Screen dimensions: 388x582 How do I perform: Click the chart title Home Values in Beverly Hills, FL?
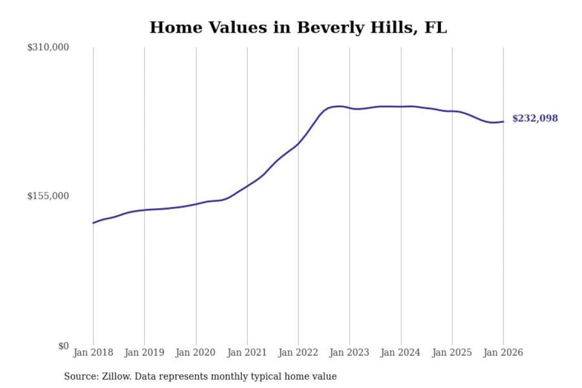point(298,27)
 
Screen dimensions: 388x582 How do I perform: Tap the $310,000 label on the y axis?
point(48,47)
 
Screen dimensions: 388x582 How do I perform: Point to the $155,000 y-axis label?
point(48,196)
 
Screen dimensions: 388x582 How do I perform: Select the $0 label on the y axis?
point(63,346)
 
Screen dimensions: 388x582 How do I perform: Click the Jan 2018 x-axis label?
point(93,352)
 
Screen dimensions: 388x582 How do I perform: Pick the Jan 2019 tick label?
point(144,352)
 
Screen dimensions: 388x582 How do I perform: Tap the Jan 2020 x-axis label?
point(196,352)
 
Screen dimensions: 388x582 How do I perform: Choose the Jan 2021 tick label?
point(247,352)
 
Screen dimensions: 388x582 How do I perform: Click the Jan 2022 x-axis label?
point(298,352)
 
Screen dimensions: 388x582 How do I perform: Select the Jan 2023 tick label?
point(349,352)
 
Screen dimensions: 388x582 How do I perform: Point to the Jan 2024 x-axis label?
point(401,352)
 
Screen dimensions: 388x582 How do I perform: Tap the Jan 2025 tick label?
point(452,352)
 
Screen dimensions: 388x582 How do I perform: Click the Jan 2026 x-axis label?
point(503,352)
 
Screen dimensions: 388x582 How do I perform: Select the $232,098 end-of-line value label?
point(535,118)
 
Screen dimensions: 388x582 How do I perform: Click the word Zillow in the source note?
point(116,376)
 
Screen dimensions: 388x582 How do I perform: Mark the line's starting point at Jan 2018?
point(93,223)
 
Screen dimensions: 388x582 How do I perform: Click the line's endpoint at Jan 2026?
point(503,121)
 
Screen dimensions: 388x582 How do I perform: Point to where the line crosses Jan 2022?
point(298,143)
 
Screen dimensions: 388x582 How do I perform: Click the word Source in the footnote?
point(81,376)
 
